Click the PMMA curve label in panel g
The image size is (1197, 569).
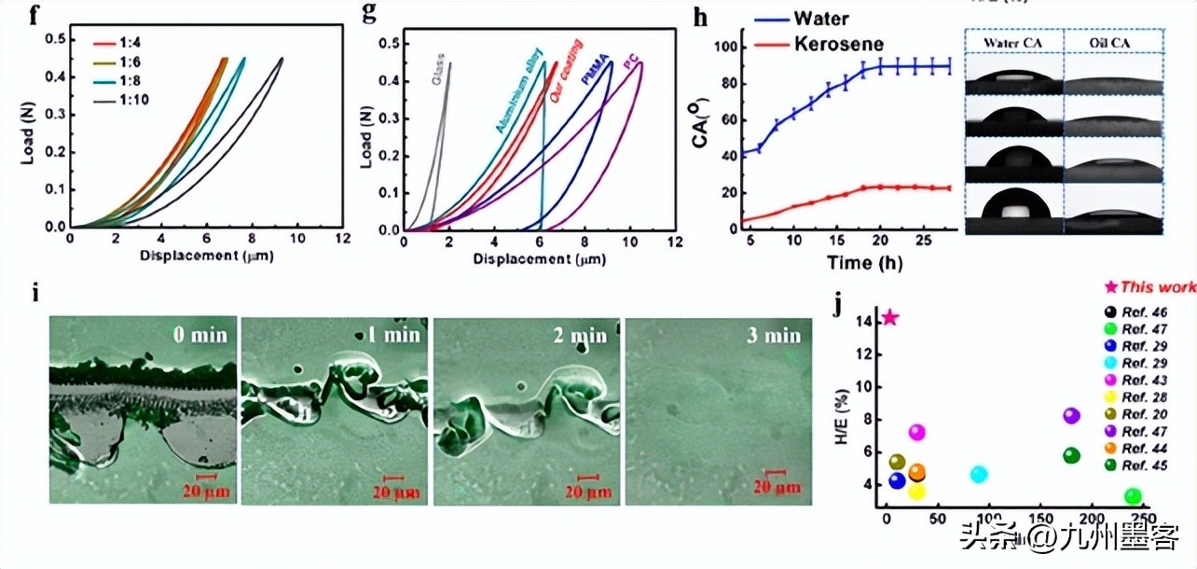click(590, 72)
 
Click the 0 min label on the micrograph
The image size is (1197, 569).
click(198, 335)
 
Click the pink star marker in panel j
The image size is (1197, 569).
click(890, 318)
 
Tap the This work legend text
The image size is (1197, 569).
click(1158, 287)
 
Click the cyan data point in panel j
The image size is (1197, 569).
click(978, 474)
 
